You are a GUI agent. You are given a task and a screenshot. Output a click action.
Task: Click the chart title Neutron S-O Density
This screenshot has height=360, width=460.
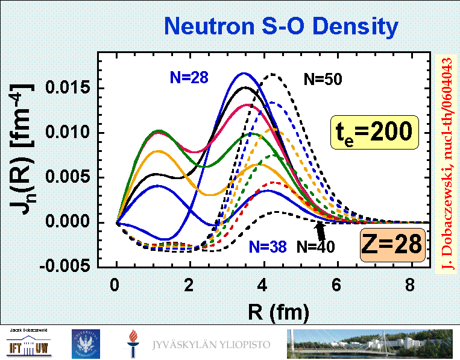(x=281, y=26)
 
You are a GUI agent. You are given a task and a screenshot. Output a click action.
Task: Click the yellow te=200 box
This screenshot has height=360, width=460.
(x=374, y=131)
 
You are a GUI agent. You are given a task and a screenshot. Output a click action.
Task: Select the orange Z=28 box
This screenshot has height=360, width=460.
(x=392, y=245)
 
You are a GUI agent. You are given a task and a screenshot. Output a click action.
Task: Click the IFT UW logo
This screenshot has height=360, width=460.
(x=28, y=346)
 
